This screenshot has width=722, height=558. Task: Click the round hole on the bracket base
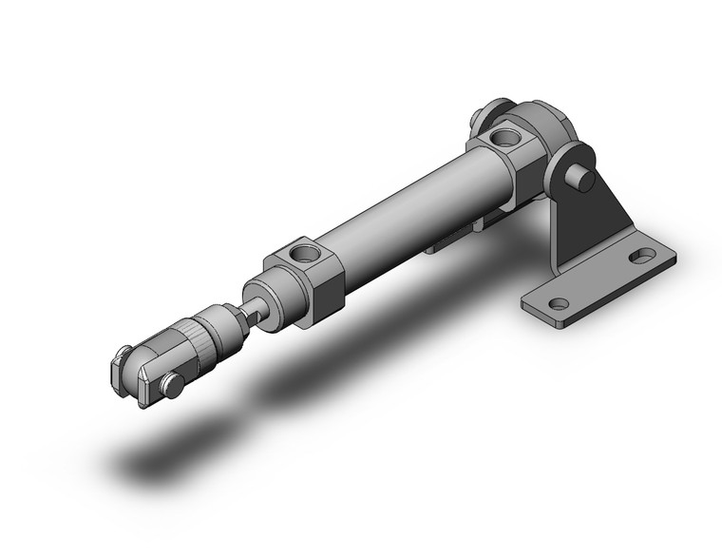559,304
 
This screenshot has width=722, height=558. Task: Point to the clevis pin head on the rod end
172,385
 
